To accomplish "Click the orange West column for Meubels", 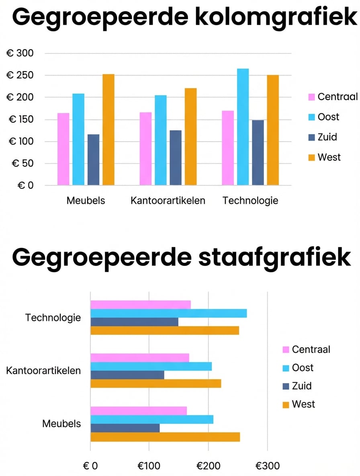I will point(108,129).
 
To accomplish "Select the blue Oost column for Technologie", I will point(243,127).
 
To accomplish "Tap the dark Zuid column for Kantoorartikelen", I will point(176,158).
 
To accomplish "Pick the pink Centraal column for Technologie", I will point(228,148).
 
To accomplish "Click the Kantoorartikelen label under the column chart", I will point(168,201).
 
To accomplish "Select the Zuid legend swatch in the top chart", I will point(312,137).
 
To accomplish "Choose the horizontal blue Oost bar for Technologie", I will point(168,314).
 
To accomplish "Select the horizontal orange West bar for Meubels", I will point(165,437).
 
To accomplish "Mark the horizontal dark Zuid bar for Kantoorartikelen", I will point(127,375).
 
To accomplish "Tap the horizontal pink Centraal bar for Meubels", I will point(139,410).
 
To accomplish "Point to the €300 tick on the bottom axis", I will point(268,466).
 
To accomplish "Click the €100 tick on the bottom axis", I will point(149,466).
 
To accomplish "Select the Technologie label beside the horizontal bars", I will point(53,318).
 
